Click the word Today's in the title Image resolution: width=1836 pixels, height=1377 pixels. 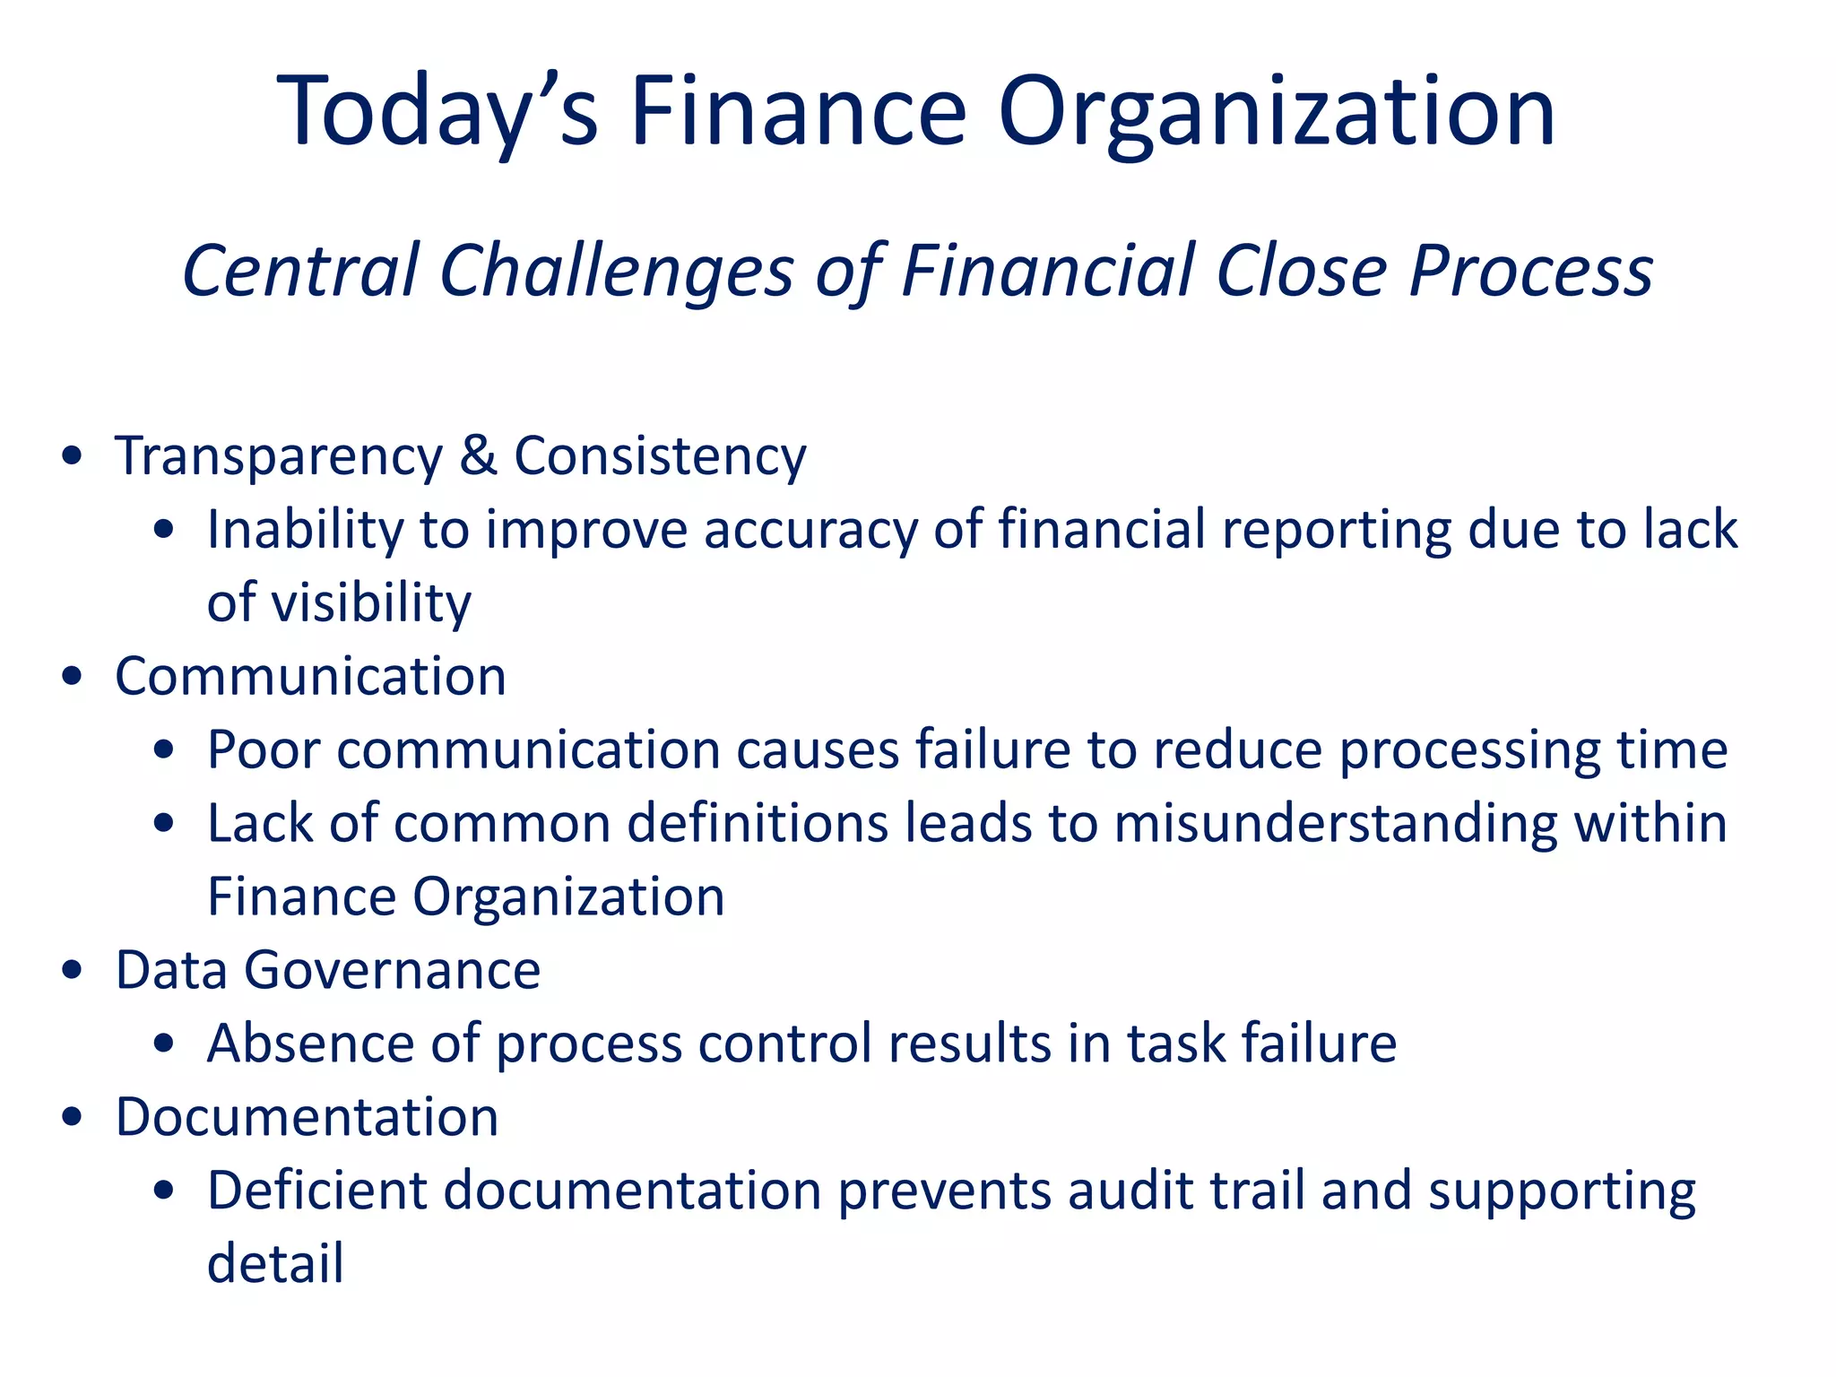437,112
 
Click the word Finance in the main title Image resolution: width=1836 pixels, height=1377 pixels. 799,112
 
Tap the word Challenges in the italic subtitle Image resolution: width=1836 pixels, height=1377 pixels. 617,271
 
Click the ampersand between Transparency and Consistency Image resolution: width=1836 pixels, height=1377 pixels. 478,455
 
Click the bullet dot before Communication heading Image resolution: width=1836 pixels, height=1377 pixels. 73,677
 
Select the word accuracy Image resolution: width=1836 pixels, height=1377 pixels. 810,530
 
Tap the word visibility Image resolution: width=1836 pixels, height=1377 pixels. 370,602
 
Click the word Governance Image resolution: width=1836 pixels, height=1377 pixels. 392,970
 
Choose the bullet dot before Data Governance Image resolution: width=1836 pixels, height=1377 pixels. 73,971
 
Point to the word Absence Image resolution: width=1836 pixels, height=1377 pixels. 311,1044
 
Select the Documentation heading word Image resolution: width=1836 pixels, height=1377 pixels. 307,1117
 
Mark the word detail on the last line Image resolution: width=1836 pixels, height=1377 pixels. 275,1264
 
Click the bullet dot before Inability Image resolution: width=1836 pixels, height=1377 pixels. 164,530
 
